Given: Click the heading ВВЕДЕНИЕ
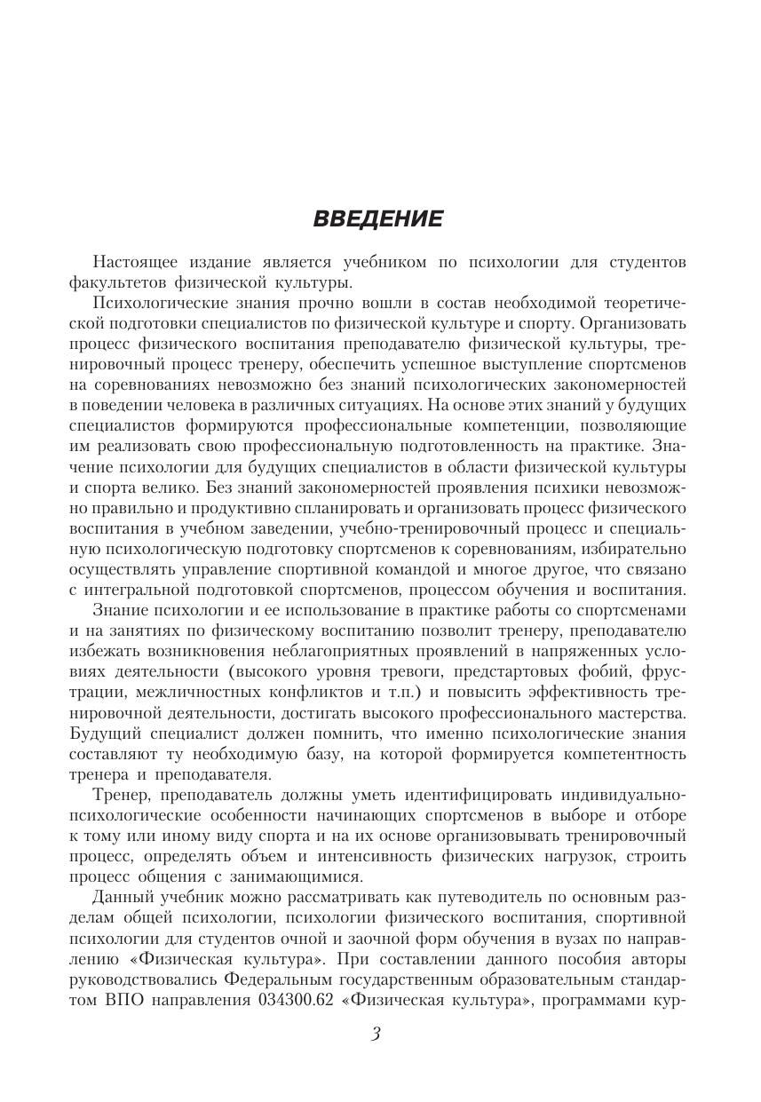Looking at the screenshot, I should (x=378, y=219).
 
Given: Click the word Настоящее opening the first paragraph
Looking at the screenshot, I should (x=135, y=263).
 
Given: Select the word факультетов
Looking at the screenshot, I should (x=118, y=283).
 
